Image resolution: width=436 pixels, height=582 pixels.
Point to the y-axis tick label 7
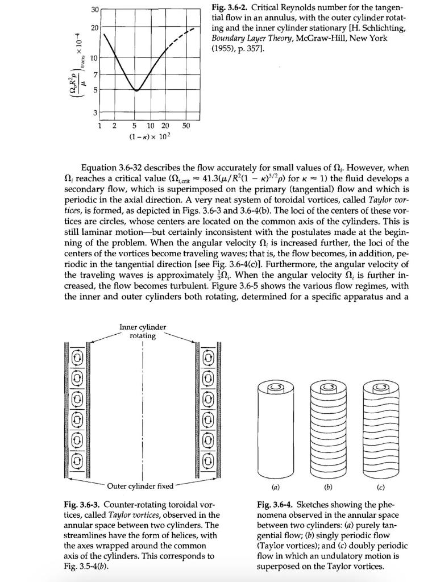pos(96,76)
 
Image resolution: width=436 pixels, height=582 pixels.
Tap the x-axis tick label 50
pos(187,125)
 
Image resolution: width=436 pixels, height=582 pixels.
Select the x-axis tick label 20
pos(165,125)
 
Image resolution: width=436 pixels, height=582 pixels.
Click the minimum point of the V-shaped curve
pos(136,90)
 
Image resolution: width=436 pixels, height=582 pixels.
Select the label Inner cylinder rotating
pos(143,331)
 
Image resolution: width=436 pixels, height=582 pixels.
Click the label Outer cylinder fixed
pos(140,486)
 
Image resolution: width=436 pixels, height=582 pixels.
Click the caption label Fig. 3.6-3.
pos(84,505)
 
